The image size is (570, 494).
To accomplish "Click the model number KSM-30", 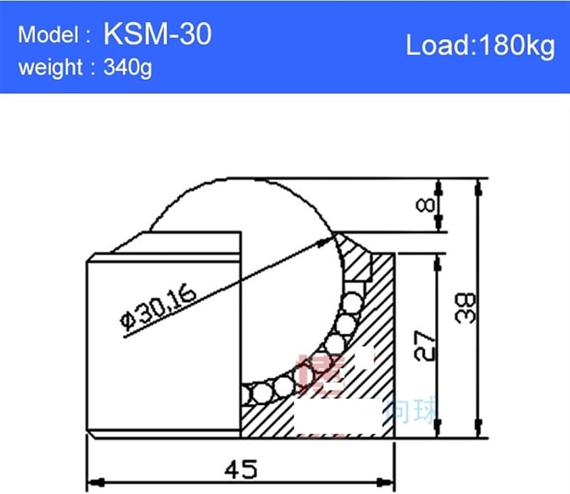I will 157,34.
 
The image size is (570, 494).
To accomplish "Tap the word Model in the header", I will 48,36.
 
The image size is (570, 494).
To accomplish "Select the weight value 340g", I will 128,68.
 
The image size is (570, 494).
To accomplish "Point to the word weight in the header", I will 51,68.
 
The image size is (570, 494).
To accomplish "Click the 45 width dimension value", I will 240,469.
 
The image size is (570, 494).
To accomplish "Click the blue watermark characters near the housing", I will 413,411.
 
